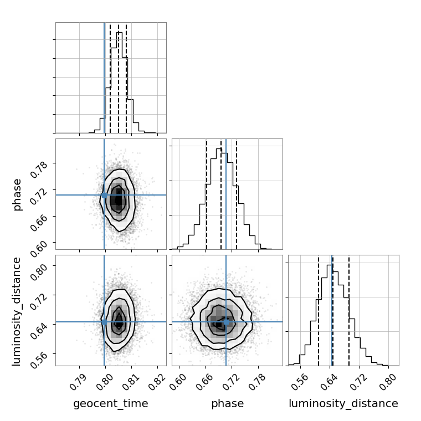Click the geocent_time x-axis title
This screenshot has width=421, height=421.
[111, 404]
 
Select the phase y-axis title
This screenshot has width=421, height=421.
[17, 194]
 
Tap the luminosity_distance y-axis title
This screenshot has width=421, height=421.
[17, 310]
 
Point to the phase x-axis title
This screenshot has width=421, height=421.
[227, 404]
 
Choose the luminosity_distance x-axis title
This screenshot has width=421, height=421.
[343, 404]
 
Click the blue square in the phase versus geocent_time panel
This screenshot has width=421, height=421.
[104, 195]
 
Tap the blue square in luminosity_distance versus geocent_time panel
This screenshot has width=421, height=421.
[104, 322]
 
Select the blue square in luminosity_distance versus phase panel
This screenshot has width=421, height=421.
[226, 322]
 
